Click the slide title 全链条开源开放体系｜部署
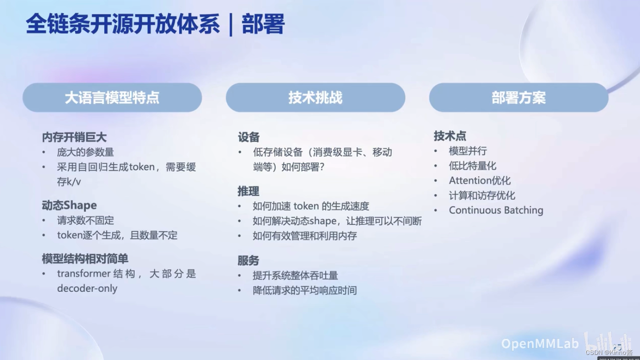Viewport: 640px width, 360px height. coord(154,25)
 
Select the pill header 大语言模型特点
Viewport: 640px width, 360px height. coord(112,97)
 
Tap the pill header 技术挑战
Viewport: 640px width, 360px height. coord(315,97)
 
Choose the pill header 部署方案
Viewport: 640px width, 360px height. coord(518,97)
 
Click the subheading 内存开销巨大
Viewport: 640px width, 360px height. coord(74,137)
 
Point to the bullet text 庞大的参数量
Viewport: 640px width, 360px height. coord(86,152)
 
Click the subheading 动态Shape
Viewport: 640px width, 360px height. coord(69,205)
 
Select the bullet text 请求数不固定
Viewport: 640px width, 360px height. coord(86,220)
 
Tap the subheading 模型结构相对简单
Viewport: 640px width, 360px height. coord(85,259)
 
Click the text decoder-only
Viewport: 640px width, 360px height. coord(87,288)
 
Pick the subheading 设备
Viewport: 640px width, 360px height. coord(248,137)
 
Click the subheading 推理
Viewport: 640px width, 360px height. coord(248,191)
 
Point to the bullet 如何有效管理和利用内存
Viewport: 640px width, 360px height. coord(305,236)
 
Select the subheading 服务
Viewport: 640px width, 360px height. coord(248,260)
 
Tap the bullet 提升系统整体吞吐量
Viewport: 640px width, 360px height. coord(295,275)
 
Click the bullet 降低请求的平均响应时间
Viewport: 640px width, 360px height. coord(305,290)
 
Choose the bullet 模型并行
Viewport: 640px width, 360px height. coord(468,151)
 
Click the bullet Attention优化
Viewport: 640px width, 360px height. coord(480,180)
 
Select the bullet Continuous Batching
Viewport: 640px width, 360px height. coord(496,210)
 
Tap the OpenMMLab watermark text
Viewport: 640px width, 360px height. coord(539,344)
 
